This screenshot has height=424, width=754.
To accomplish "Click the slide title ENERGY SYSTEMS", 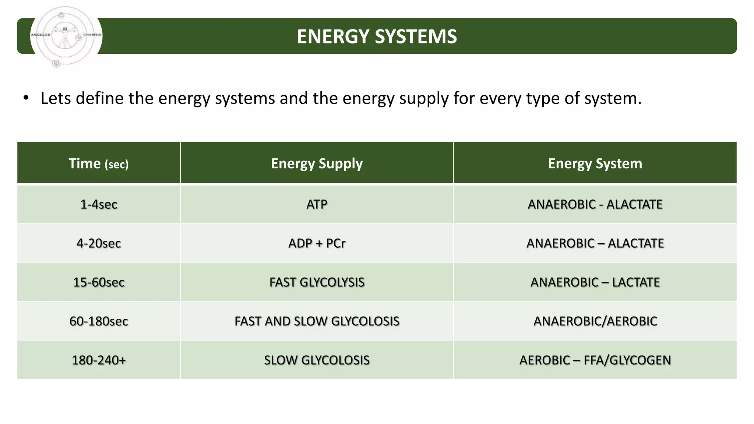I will pyautogui.click(x=377, y=36).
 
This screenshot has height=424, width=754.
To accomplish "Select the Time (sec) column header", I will pyautogui.click(x=99, y=163).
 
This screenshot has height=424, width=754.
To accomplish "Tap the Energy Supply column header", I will pyautogui.click(x=317, y=163).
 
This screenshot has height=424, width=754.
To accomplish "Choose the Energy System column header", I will pyautogui.click(x=595, y=163).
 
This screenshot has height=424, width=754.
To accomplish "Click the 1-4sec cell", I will pyautogui.click(x=99, y=204).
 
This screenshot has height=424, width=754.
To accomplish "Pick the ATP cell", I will pyautogui.click(x=317, y=204).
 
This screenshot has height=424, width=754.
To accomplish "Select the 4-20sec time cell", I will pyautogui.click(x=99, y=243).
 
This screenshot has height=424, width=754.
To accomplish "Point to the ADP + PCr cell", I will pyautogui.click(x=317, y=243).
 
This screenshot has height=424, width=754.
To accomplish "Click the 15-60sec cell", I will pyautogui.click(x=99, y=282).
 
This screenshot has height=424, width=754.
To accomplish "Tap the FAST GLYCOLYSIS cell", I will pyautogui.click(x=317, y=282).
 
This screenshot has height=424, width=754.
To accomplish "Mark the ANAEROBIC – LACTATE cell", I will pyautogui.click(x=595, y=282).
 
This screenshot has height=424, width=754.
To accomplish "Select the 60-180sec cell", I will pyautogui.click(x=99, y=321).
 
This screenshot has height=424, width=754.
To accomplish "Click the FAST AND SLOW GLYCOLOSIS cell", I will pyautogui.click(x=317, y=321).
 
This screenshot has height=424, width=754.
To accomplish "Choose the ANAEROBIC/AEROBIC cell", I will pyautogui.click(x=595, y=321).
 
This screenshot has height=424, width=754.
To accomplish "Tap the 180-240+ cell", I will pyautogui.click(x=99, y=360).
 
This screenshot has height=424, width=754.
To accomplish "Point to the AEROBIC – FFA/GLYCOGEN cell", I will pyautogui.click(x=595, y=360).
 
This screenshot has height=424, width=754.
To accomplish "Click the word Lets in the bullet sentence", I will pyautogui.click(x=56, y=98).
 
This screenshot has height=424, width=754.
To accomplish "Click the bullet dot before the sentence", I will pyautogui.click(x=26, y=98).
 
